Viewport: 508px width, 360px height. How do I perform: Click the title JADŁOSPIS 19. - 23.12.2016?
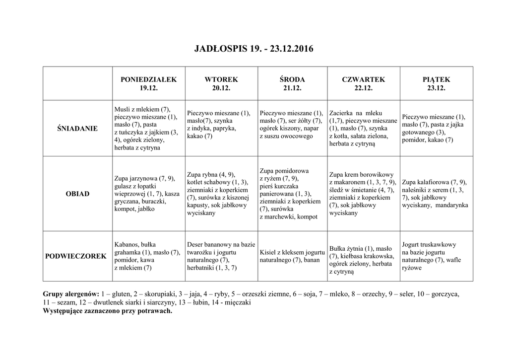point(254,49)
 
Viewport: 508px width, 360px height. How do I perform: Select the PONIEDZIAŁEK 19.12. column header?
point(148,84)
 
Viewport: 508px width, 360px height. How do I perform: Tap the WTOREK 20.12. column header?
point(221,84)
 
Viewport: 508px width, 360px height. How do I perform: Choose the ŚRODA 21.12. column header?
point(292,84)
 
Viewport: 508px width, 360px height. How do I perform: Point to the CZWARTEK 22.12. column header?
point(363,84)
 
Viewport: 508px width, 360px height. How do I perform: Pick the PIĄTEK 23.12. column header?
point(436,84)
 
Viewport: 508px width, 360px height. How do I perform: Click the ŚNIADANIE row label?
point(78,129)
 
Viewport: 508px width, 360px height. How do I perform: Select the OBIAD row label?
point(78,194)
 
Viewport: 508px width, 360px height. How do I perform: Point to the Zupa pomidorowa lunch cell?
point(292,194)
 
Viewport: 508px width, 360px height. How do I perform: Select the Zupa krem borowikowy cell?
point(363,194)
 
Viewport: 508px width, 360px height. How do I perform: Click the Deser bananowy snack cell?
point(221,256)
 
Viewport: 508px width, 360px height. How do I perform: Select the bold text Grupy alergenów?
point(71,294)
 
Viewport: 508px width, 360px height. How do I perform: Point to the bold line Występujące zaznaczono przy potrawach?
point(108,311)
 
